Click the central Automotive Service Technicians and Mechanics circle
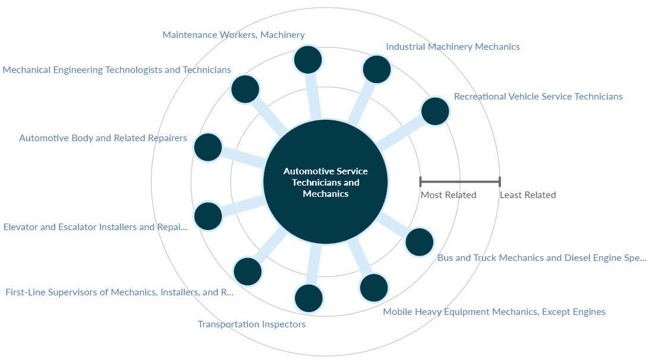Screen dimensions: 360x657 [x=325, y=182]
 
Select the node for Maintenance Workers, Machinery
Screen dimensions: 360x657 [x=308, y=59]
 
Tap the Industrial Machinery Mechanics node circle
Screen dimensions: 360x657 [x=377, y=69]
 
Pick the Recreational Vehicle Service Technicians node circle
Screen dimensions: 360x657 [x=435, y=111]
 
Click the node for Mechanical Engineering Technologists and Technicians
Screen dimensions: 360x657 [x=245, y=90]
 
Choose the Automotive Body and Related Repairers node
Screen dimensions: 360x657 [x=208, y=147]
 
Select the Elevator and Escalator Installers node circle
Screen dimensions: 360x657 [x=208, y=216]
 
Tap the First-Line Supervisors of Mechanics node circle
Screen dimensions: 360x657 [x=247, y=272]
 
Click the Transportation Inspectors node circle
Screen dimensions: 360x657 [x=309, y=298]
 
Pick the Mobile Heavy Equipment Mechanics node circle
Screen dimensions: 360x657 [x=374, y=288]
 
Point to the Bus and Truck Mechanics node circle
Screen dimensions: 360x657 [x=420, y=242]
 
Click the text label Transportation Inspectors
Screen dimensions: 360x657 [x=252, y=324]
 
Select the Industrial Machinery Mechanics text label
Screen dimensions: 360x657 [x=453, y=47]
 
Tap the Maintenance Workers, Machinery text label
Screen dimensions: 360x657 [x=234, y=35]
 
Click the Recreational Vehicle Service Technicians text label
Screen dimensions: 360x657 [x=538, y=97]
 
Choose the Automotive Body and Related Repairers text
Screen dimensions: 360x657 [x=103, y=138]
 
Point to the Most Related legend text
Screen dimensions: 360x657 [x=449, y=195]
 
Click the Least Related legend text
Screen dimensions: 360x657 [x=528, y=195]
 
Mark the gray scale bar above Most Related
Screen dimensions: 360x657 [x=460, y=181]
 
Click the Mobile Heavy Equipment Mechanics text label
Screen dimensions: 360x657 [x=494, y=312]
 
